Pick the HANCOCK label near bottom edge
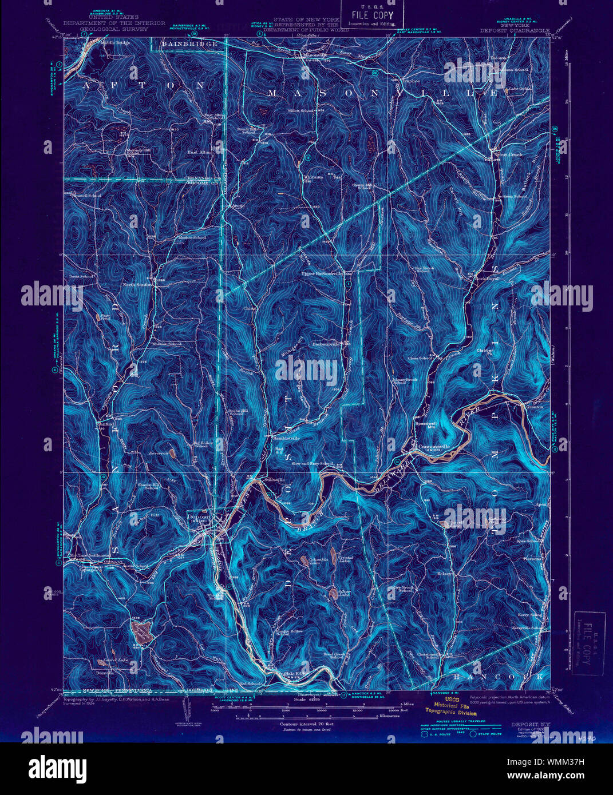(497, 677)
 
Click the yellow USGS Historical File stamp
(450, 706)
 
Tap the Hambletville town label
(287, 438)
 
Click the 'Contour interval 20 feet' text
(306, 724)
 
